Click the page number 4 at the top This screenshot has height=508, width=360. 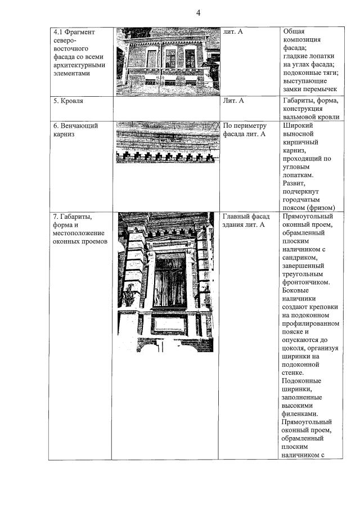(x=197, y=13)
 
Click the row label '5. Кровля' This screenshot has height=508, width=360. (x=68, y=101)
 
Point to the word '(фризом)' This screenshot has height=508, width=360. (x=322, y=206)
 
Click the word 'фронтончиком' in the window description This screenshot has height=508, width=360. (x=307, y=282)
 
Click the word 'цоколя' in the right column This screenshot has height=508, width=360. (x=295, y=348)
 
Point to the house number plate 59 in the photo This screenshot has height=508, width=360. (x=207, y=302)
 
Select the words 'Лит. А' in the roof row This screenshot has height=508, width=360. (x=233, y=101)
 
